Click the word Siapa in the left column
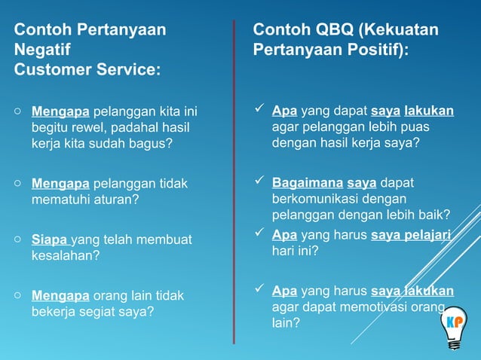tap(49, 239)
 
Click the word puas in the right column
tap(415, 127)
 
